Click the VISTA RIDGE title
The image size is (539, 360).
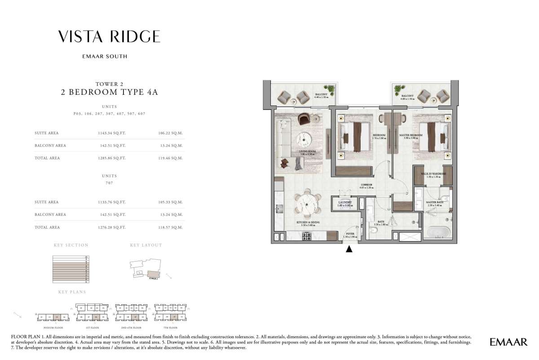coord(109,36)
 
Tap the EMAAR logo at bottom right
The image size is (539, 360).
coord(508,342)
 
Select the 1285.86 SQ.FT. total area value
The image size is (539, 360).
coord(110,158)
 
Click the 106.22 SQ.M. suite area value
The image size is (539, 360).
coord(171,133)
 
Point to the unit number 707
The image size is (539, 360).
coord(109,183)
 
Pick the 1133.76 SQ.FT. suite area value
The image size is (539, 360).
coord(110,202)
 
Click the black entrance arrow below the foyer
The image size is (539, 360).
coord(349,249)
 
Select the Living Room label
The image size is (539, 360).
coord(308,152)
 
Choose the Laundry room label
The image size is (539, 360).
coord(345,203)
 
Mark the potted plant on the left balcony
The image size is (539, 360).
coord(331,89)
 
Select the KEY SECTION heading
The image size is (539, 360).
coord(71,245)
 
